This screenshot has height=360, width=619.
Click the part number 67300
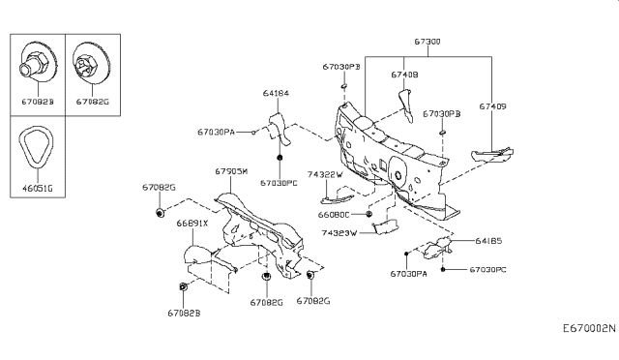(427, 43)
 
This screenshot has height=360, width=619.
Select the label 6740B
(404, 74)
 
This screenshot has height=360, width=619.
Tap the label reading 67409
(492, 107)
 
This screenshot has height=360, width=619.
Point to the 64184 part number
(276, 94)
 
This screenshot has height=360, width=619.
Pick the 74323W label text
(339, 233)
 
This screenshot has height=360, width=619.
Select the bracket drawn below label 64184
(277, 127)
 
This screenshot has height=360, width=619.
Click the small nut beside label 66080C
(368, 214)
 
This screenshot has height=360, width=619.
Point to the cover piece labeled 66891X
(200, 256)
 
